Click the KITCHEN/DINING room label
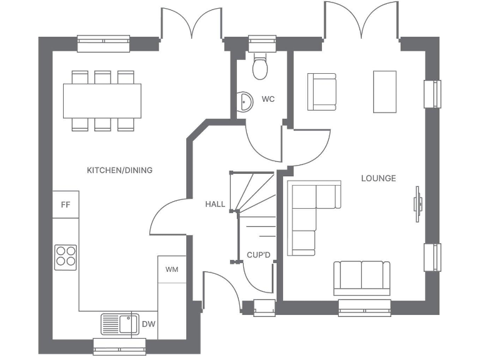[x=119, y=170]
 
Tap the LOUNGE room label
[x=378, y=178]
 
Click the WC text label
[x=268, y=99]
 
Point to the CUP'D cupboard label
[x=258, y=255]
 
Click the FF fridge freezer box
[x=65, y=205]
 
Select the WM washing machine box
[x=171, y=269]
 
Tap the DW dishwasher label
[x=148, y=324]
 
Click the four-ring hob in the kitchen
[x=66, y=256]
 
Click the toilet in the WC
[x=261, y=67]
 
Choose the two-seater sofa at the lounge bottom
[x=362, y=277]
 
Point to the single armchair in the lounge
[x=321, y=92]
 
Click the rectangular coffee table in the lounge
[x=384, y=92]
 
